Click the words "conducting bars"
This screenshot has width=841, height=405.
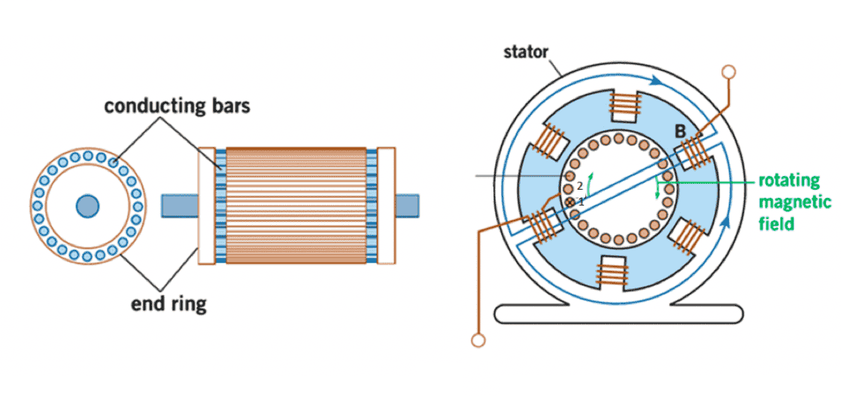177,105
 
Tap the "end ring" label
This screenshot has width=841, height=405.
169,304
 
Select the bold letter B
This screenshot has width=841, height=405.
679,132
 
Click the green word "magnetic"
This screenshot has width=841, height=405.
795,202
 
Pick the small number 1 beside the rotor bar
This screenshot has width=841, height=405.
580,202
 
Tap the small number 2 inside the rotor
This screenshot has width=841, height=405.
580,186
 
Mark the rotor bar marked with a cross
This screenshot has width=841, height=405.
569,202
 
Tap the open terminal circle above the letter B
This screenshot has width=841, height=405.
728,72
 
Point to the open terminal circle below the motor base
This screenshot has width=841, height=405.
478,340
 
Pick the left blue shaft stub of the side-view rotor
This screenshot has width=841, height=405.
180,206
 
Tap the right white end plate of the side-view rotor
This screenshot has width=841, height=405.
386,206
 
